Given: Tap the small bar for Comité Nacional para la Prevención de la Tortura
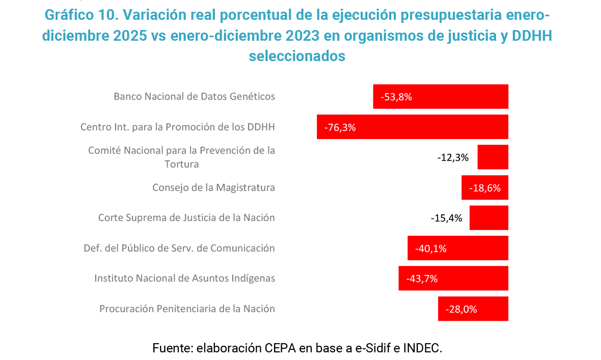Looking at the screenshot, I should point(493,157).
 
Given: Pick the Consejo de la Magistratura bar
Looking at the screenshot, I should point(484,187).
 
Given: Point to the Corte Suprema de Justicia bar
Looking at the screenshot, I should point(488,217).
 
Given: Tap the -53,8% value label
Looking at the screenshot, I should point(396,97).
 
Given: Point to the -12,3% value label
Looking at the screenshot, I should point(453,157).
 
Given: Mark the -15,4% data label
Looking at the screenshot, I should point(446,218).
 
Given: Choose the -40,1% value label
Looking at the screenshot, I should point(431,248).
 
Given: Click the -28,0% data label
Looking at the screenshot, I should point(461,309).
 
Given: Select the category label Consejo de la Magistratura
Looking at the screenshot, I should point(213,187).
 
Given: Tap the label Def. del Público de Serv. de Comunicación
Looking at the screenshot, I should point(179,248).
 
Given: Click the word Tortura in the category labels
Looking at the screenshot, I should point(181,164).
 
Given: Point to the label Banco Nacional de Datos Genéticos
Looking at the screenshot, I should point(194,96).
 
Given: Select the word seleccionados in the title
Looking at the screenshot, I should point(297,56).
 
